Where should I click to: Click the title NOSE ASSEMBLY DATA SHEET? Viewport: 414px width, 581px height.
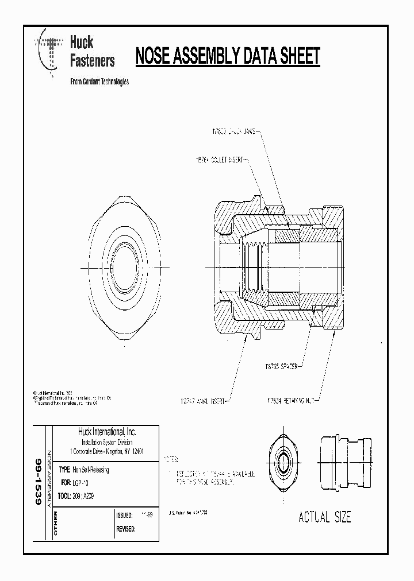tap(227, 57)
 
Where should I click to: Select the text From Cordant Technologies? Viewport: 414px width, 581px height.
tap(99, 82)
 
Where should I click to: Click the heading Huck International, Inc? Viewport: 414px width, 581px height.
tap(106, 432)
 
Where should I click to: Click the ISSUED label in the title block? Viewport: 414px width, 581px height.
tap(124, 516)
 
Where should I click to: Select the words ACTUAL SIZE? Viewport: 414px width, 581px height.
tap(324, 517)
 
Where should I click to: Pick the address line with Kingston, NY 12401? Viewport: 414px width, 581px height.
tap(106, 451)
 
